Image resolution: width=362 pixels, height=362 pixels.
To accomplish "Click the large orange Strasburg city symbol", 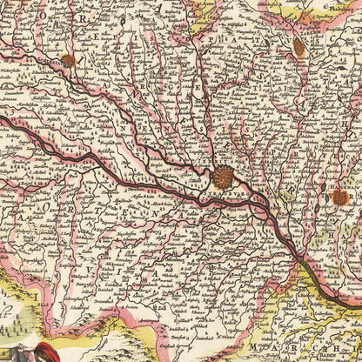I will (x=224, y=178).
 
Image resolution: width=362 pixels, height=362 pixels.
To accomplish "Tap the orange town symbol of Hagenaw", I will (x=339, y=198).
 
